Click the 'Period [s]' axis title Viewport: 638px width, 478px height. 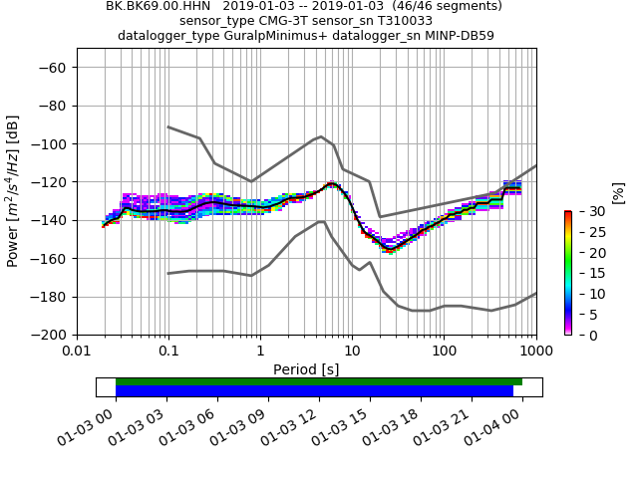point(306,369)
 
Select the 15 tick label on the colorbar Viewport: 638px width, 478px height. point(586,273)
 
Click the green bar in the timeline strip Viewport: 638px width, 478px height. point(319,381)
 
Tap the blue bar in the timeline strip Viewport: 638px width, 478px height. point(314,391)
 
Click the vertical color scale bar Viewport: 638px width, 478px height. point(567,273)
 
